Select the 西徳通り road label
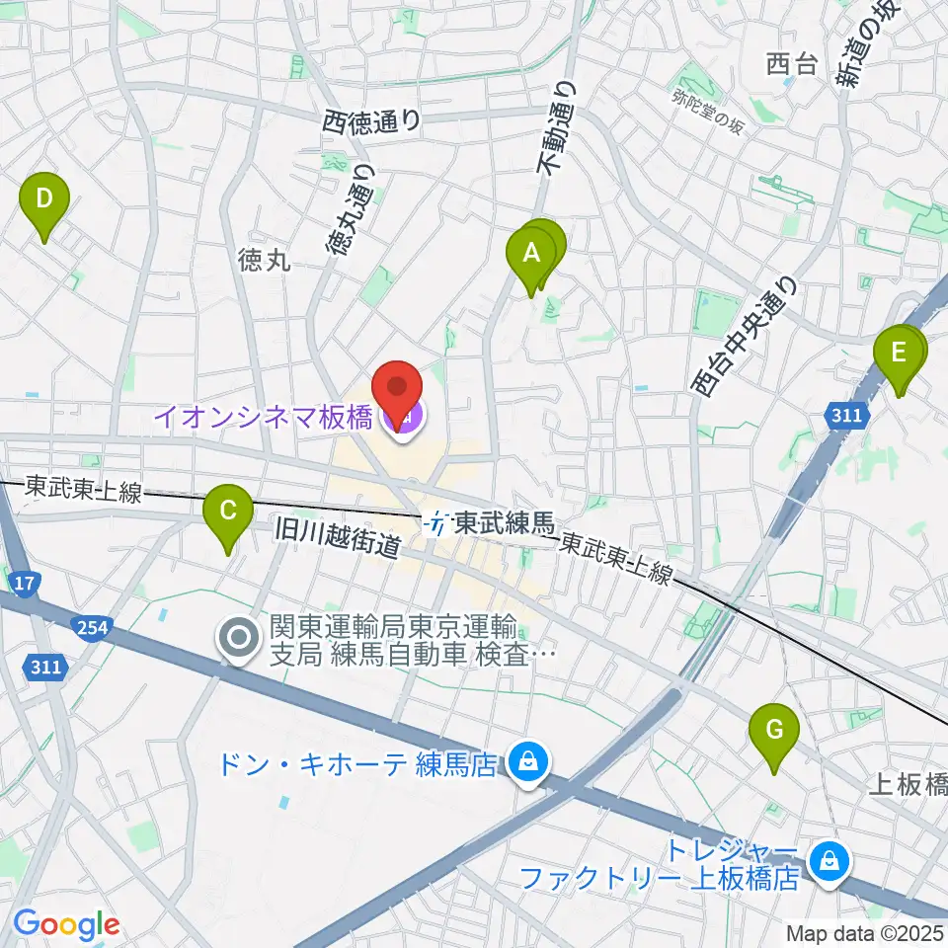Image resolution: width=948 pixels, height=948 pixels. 371,121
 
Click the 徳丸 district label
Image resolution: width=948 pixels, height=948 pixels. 264,260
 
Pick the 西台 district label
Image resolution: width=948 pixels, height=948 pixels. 792,65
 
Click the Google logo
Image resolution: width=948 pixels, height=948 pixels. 66,924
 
